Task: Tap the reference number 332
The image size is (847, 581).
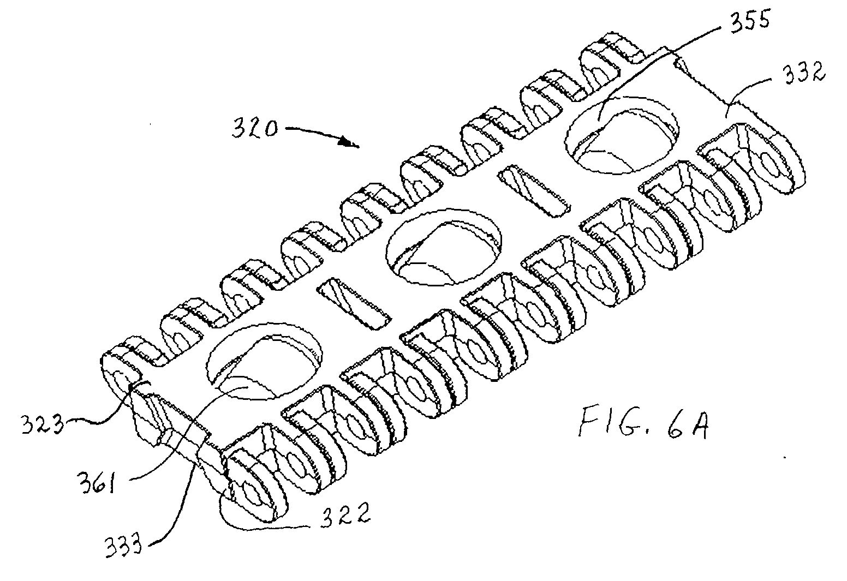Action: [802, 73]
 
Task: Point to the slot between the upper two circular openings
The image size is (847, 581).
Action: [535, 190]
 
